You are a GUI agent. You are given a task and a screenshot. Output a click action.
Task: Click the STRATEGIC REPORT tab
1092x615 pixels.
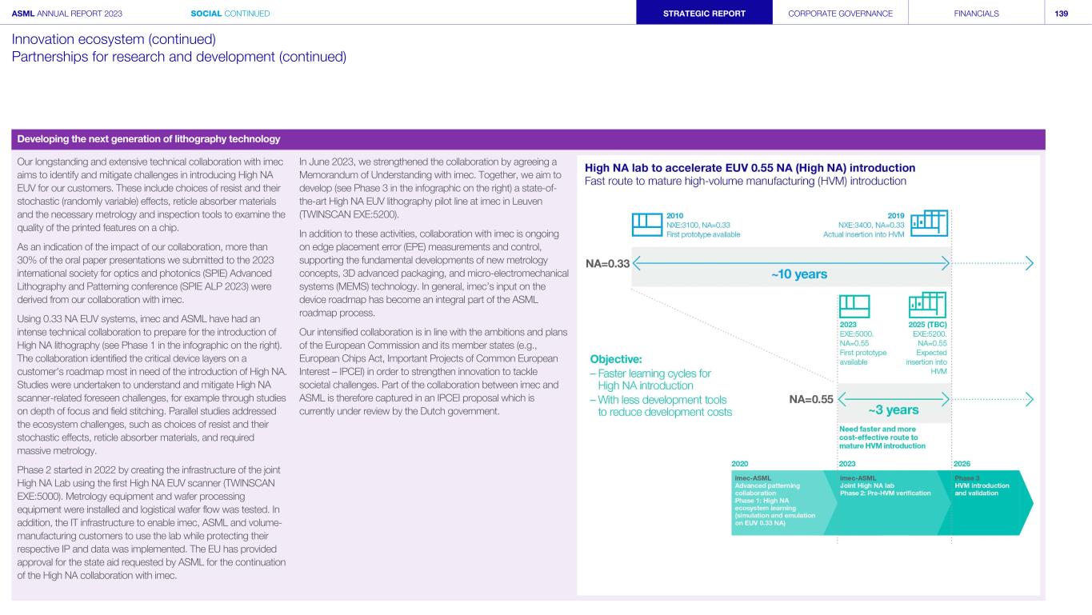coord(704,13)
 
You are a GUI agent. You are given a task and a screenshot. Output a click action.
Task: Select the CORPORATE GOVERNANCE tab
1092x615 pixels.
coord(840,13)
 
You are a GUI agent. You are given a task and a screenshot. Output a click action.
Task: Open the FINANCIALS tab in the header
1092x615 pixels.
coord(976,13)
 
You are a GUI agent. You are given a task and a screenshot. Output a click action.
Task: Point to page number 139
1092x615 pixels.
coord(1062,13)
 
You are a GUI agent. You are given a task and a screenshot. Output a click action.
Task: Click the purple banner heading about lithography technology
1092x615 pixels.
coord(149,139)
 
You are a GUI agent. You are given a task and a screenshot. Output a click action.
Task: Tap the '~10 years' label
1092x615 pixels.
coord(799,274)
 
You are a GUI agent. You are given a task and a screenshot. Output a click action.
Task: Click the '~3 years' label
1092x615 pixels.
coord(894,410)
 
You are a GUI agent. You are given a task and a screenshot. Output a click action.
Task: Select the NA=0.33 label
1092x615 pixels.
coord(608,262)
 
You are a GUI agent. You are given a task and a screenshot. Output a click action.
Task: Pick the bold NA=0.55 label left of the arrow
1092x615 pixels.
coord(812,398)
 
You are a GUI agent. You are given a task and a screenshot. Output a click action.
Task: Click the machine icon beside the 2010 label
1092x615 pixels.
coord(646,225)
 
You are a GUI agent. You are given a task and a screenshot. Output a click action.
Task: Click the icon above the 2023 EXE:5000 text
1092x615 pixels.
coord(854,306)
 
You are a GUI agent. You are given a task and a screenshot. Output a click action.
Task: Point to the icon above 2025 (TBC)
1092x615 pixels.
coord(927,306)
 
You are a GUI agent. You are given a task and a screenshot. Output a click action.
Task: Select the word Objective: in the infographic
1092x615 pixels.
coord(616,359)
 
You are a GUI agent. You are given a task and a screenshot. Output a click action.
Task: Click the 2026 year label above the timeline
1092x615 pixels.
coord(962,463)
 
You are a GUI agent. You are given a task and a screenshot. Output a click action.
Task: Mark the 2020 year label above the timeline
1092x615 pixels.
coord(741,463)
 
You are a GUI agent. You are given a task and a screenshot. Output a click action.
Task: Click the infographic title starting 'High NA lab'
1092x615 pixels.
coord(750,168)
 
